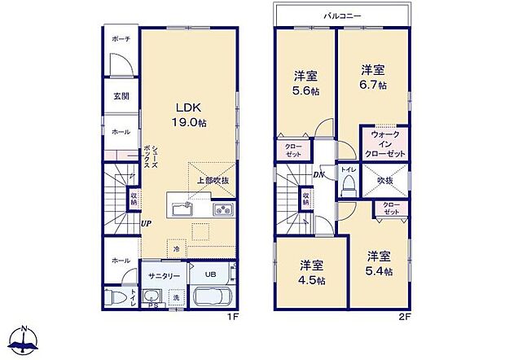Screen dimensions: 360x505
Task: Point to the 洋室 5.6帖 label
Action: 306,83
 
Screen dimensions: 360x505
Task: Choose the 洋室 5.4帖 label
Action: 379,262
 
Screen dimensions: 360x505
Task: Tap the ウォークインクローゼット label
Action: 384,143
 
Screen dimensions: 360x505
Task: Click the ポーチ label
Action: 121,39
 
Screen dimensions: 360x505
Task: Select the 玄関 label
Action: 121,96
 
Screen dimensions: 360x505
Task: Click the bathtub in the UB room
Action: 213,298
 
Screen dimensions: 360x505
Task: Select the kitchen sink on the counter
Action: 181,209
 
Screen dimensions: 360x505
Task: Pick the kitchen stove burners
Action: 223,210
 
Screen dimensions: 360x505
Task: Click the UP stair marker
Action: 145,224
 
